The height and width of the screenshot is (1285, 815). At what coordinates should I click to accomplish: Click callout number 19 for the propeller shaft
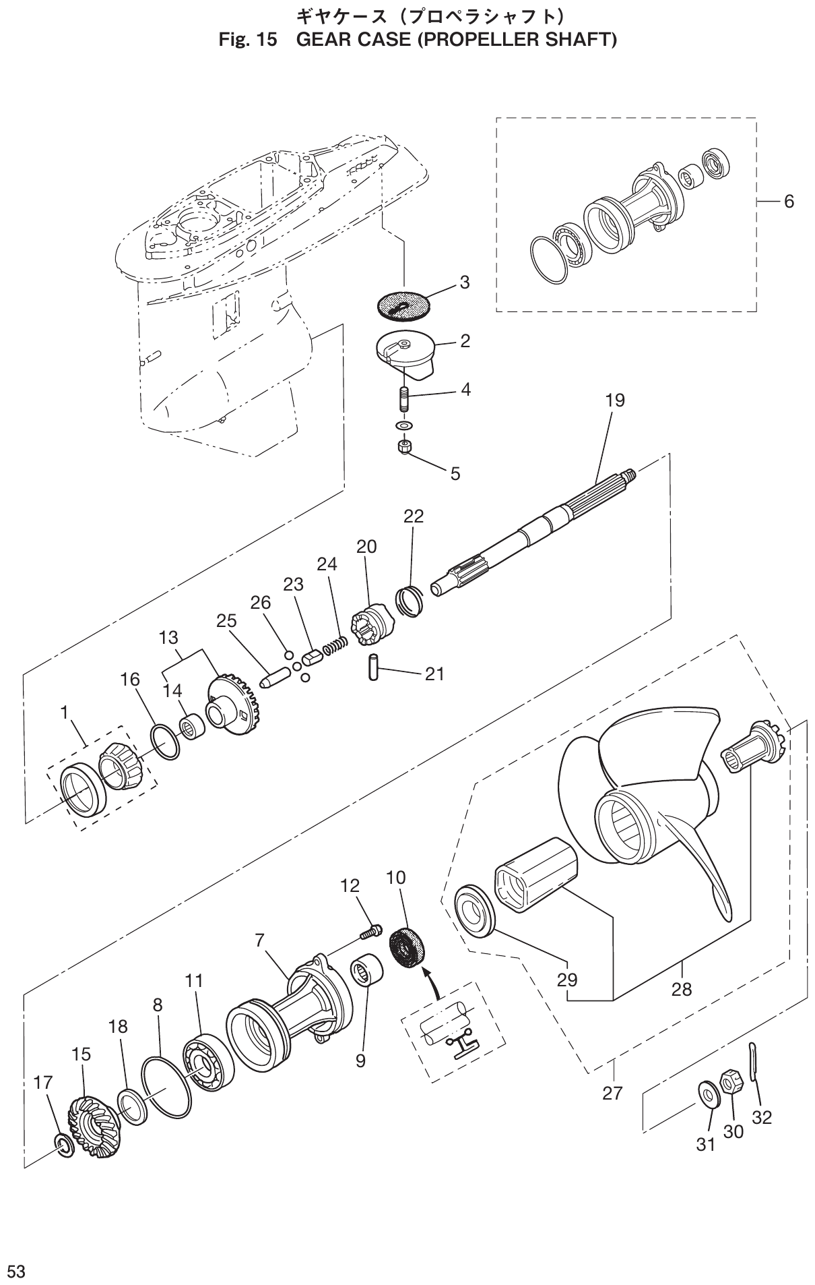pyautogui.click(x=615, y=400)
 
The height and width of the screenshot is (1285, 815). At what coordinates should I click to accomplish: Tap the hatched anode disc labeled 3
pyautogui.click(x=403, y=307)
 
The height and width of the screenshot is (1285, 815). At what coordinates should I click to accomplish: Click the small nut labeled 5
pyautogui.click(x=404, y=447)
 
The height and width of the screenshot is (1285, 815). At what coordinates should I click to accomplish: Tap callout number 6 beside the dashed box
pyautogui.click(x=788, y=201)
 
